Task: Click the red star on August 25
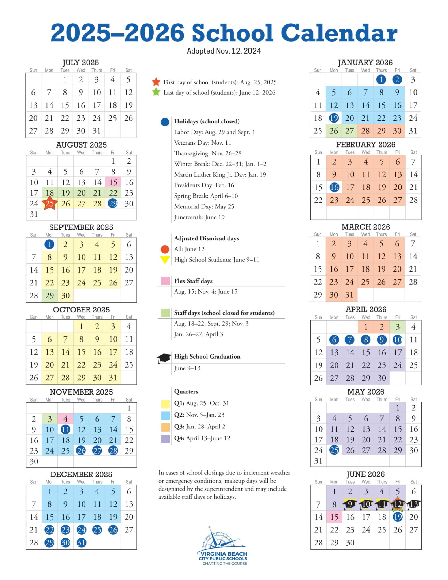point(50,203)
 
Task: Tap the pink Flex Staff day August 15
point(113,182)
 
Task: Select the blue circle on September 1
point(50,244)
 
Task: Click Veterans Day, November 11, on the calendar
point(65,429)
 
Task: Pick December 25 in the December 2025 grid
point(97,530)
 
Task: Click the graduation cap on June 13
point(413,504)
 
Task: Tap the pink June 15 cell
point(334,517)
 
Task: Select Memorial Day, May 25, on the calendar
point(334,450)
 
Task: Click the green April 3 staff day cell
point(397,327)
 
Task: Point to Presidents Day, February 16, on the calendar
point(334,187)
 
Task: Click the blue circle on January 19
point(334,118)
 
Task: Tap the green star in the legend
point(156,92)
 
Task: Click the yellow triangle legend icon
point(165,259)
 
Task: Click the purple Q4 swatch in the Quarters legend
point(165,438)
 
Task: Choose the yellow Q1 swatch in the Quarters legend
point(165,403)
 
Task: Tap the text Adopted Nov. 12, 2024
point(224,51)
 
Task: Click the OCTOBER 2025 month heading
point(81,310)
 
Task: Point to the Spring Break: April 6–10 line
point(206,196)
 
